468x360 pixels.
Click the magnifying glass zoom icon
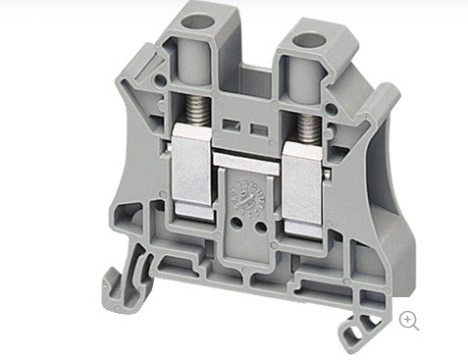click(409, 321)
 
